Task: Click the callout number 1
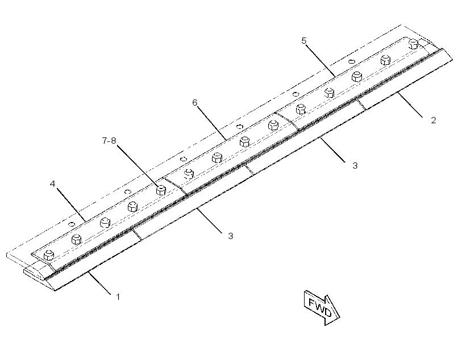coord(118,297)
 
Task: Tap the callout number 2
coord(433,120)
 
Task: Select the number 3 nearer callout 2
coord(355,166)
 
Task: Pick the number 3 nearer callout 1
coord(231,236)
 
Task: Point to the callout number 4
coord(52,184)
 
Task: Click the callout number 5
coord(303,41)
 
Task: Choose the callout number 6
coord(195,102)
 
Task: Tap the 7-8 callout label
coord(109,140)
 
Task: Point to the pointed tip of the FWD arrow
coord(340,317)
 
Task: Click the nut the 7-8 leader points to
coord(161,190)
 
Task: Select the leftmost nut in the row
coord(49,256)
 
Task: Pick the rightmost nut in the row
coord(413,44)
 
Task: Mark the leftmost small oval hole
coord(72,223)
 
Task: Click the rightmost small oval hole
coord(352,61)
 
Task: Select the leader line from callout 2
coord(411,105)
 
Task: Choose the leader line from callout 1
coord(99,282)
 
